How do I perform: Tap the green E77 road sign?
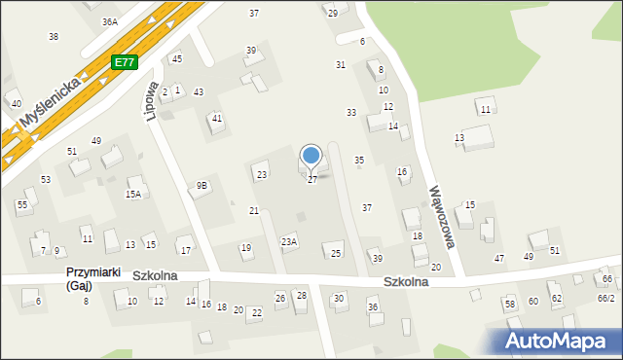coord(124,62)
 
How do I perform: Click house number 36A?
coord(109,21)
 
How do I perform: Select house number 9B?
coord(202,185)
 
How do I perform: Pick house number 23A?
coord(289,241)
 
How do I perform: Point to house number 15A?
coord(132,195)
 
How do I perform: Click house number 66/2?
coord(605,298)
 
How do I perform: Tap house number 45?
coord(176,59)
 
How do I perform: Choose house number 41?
coord(217,119)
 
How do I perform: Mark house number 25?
coord(336,254)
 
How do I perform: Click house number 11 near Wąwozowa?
coord(485,110)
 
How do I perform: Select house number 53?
coord(46,180)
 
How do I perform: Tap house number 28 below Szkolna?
coord(301,296)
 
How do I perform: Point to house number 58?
coord(509,305)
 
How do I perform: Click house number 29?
coord(332,13)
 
